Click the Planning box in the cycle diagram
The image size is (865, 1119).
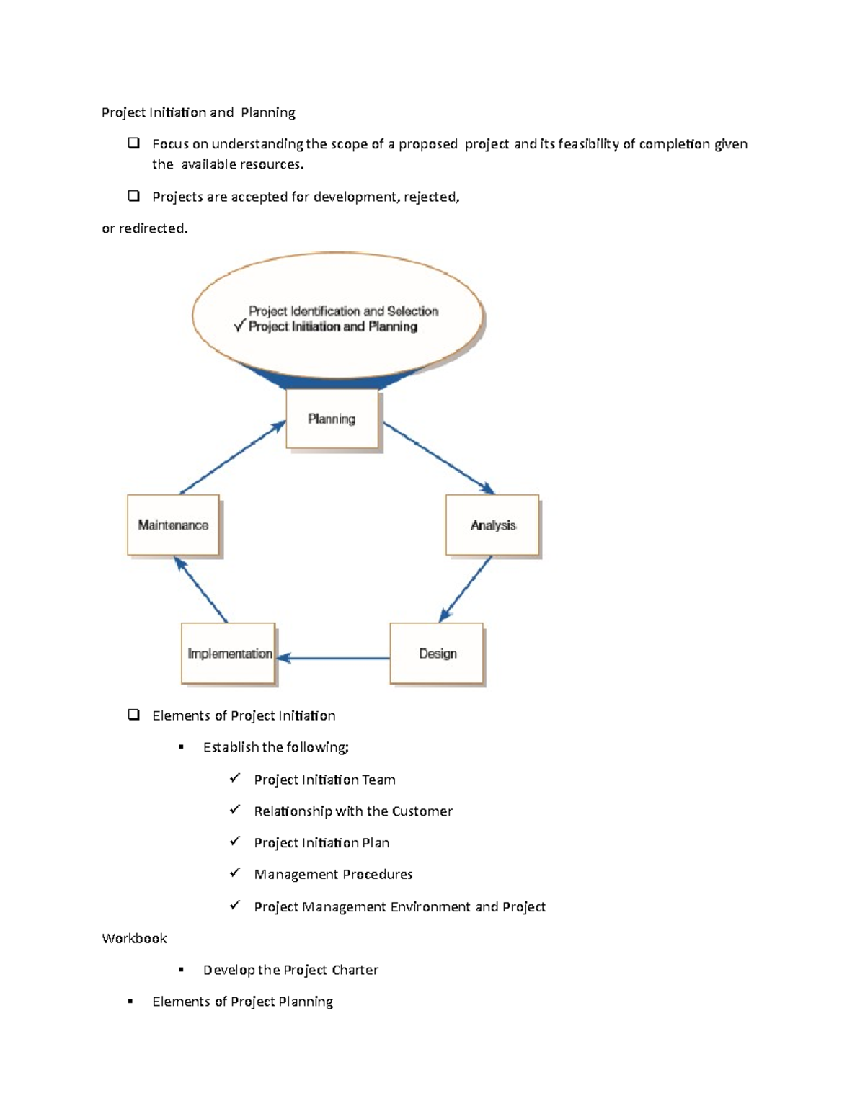pyautogui.click(x=332, y=419)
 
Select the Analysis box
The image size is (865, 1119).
pyautogui.click(x=492, y=525)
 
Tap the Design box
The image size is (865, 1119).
pyautogui.click(x=437, y=654)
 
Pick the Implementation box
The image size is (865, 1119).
pyautogui.click(x=229, y=654)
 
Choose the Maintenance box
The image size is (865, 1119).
pyautogui.click(x=173, y=525)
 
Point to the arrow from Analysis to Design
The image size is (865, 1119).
pyautogui.click(x=466, y=588)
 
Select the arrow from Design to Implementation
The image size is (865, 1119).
pyautogui.click(x=333, y=657)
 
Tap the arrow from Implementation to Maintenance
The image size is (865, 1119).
pyautogui.click(x=201, y=589)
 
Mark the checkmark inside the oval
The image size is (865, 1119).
pyautogui.click(x=240, y=326)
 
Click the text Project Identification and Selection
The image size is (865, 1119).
pyautogui.click(x=343, y=311)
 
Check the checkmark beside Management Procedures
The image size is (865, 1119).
pyautogui.click(x=234, y=873)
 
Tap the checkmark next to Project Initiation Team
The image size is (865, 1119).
pyautogui.click(x=234, y=778)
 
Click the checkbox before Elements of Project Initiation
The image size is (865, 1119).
pyautogui.click(x=133, y=715)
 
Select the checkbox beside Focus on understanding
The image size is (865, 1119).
pyautogui.click(x=133, y=143)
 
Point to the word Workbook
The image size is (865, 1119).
pyautogui.click(x=134, y=938)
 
